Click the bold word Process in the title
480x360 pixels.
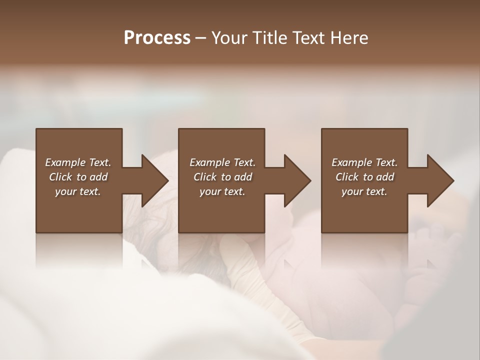(157, 38)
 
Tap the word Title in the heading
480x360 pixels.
(269, 38)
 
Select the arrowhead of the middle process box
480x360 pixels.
(297, 180)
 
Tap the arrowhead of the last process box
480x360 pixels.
(440, 180)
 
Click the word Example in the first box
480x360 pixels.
(64, 162)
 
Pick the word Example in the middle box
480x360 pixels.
(209, 162)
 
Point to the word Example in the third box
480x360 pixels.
(351, 162)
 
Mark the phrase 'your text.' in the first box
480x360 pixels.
(78, 191)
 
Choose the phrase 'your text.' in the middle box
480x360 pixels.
(222, 191)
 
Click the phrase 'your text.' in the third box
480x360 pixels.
(364, 191)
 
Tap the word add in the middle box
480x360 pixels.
(243, 177)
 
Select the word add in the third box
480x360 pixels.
(385, 177)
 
